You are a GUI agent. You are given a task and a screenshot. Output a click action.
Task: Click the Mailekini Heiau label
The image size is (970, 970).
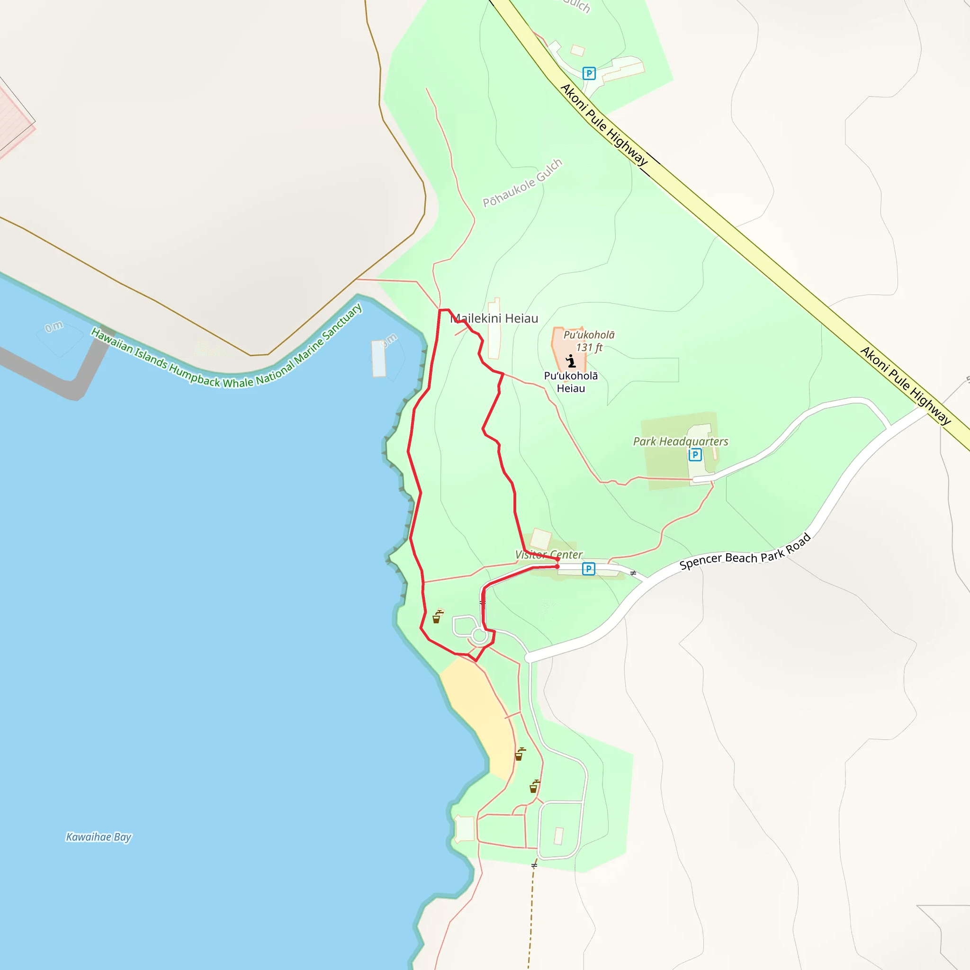point(494,318)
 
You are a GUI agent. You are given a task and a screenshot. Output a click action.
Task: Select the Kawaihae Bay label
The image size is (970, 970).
point(99,836)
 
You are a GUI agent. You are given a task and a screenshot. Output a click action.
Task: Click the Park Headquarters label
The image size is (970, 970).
point(680,441)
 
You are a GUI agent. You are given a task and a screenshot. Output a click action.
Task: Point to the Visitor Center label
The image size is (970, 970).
point(548,554)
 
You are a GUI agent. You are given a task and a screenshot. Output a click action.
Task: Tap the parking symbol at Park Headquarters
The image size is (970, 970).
point(695,455)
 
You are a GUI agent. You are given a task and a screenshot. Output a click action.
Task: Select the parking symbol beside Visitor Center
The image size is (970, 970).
point(588,569)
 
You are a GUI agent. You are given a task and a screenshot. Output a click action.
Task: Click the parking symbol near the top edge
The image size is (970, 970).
point(589,74)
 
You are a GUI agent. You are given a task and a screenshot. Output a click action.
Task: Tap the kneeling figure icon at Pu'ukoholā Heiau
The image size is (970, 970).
point(571,361)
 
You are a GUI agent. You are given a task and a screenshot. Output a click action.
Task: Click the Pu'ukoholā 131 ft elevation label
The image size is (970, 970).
point(589,341)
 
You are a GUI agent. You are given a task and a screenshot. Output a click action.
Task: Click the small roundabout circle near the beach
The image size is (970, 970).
point(479,636)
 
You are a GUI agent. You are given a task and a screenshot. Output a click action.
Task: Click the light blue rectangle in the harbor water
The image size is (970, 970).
point(378,359)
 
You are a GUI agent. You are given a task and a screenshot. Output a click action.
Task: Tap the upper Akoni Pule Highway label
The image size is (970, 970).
point(604,125)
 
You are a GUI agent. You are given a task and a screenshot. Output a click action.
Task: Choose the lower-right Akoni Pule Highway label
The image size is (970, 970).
point(905,386)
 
